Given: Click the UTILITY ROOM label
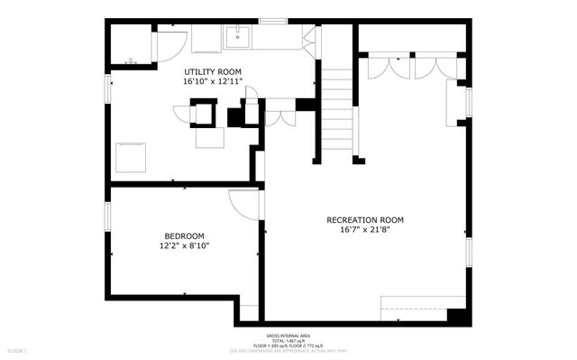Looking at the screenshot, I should tap(213, 71).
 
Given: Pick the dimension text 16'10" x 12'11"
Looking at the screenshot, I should tap(213, 81).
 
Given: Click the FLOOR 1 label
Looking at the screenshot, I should tap(17, 349).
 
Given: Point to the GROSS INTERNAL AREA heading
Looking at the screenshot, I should tap(288, 334).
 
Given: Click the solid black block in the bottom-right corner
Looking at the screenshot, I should tap(458, 316).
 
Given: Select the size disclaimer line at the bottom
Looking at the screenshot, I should tap(288, 350).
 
